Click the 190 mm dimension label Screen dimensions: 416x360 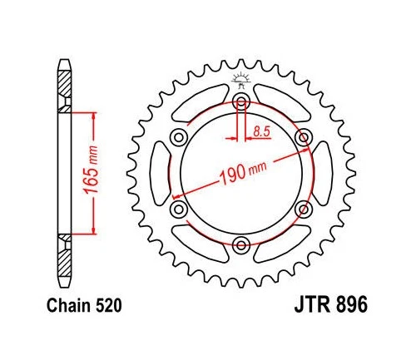pos(243,173)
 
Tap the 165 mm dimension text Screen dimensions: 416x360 pos(91,170)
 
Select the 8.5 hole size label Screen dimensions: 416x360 pos(261,131)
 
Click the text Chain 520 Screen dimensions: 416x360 pos(84,306)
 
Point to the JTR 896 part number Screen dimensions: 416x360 pos(331,304)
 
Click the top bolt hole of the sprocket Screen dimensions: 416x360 pos(241,101)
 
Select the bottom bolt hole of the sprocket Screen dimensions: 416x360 pos(241,245)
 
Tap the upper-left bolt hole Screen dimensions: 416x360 pos(179,137)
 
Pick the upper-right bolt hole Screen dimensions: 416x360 pos(304,137)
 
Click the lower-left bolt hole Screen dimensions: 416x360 pos(179,210)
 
